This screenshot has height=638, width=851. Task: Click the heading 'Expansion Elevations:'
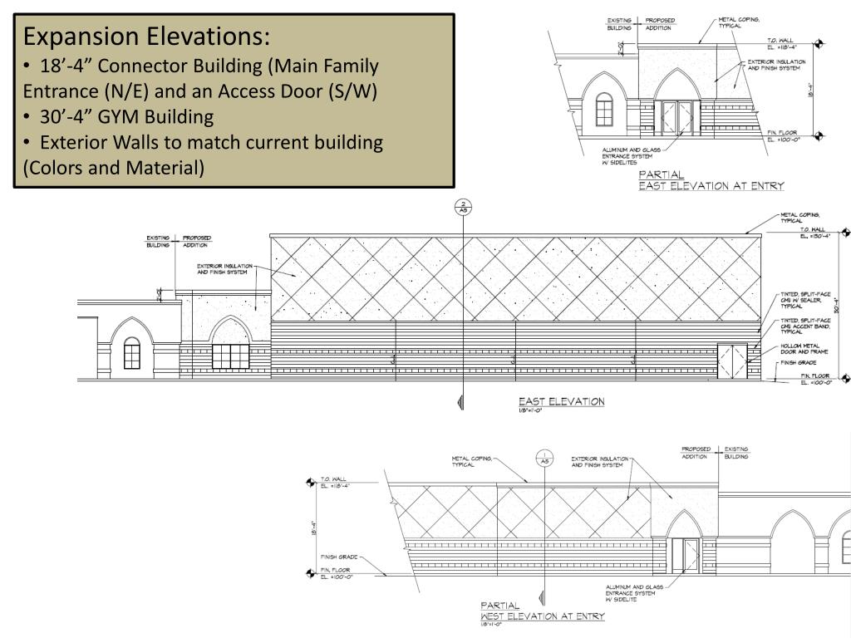coord(146,37)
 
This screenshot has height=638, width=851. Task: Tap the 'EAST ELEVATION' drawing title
coord(562,402)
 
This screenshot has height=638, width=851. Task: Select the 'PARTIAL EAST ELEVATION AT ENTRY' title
coord(711,181)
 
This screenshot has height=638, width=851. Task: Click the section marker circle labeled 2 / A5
coord(463,208)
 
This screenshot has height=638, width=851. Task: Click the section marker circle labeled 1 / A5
coord(545,458)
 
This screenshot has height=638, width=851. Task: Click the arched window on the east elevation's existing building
coord(131,354)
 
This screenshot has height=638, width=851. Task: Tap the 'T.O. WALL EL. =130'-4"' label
coord(814,233)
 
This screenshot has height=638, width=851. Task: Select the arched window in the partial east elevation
coord(604,109)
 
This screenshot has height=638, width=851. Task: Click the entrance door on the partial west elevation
coord(690,554)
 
